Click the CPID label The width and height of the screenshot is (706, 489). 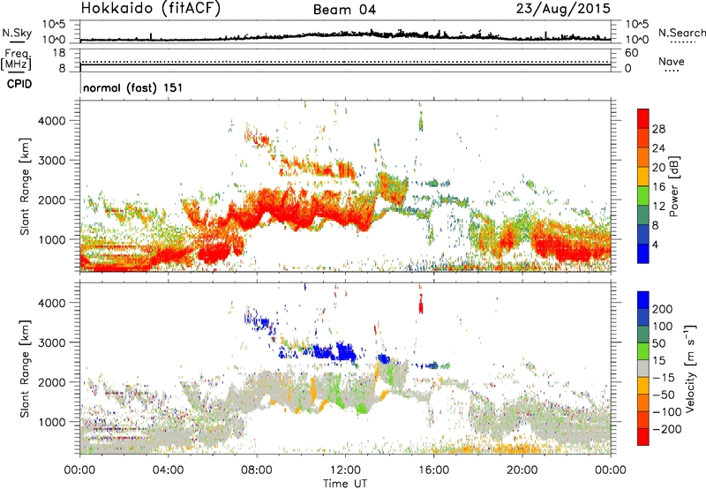pos(16,85)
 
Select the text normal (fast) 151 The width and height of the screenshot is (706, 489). pos(131,88)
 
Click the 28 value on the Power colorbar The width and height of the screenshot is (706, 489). pos(657,129)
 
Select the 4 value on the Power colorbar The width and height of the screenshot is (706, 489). pos(655,243)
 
